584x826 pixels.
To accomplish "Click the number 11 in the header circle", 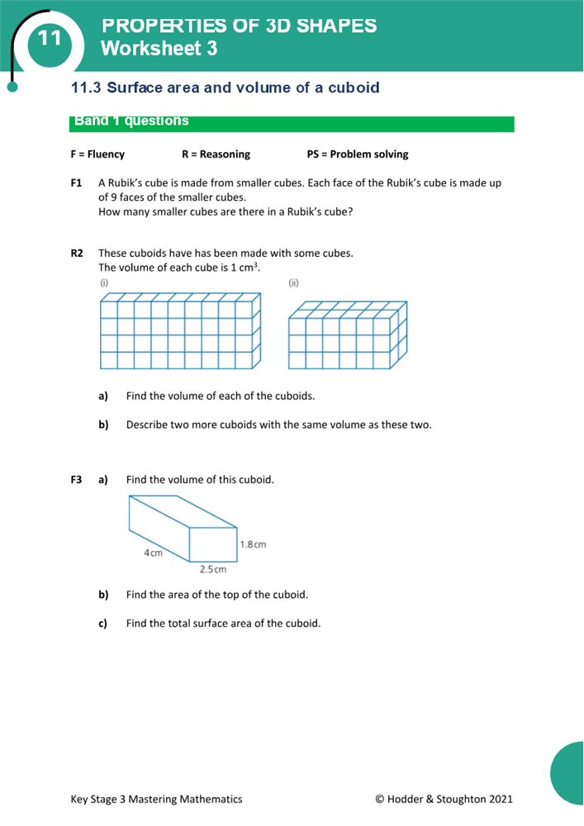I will click(49, 38).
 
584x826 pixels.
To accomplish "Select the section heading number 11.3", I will click(86, 88).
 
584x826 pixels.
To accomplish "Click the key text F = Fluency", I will click(97, 154).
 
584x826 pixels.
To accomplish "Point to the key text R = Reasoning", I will click(216, 154).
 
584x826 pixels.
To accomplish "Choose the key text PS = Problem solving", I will click(357, 154).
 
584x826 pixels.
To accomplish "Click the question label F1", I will click(77, 183).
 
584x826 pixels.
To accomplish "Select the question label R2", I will click(77, 254).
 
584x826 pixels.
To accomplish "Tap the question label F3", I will click(77, 480).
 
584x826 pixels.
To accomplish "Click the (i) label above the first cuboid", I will click(104, 282).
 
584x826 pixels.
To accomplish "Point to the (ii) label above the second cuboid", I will click(293, 282).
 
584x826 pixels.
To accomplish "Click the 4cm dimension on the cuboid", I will click(153, 553).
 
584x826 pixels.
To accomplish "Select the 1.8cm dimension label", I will click(253, 544).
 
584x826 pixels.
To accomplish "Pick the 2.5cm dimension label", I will click(212, 569).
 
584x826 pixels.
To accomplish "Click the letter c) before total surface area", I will click(103, 624).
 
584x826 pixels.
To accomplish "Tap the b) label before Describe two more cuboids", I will click(103, 425).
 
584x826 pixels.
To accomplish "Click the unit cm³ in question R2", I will click(250, 268).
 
